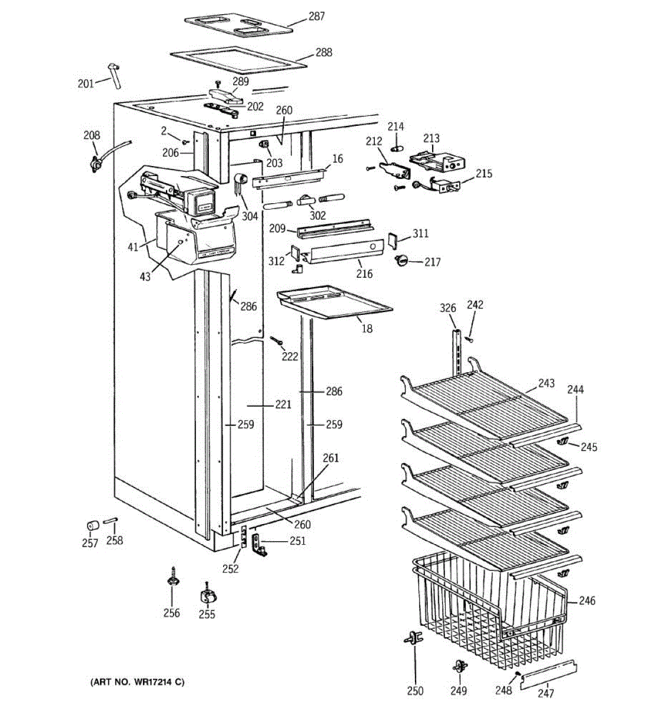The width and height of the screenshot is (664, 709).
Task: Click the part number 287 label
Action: coord(316,17)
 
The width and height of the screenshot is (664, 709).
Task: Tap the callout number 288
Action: coord(323,52)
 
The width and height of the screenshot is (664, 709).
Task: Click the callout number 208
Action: coord(91,135)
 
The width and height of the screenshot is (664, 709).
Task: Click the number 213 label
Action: coord(431,138)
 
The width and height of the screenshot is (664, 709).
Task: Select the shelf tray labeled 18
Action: coord(333,302)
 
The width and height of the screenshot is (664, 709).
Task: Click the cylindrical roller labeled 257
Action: coord(92,526)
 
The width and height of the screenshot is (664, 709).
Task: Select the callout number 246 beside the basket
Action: coord(587,601)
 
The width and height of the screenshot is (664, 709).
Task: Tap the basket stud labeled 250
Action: coord(413,639)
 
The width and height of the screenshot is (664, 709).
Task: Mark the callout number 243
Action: coord(546,383)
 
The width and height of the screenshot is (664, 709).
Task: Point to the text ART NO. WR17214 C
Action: coord(137,682)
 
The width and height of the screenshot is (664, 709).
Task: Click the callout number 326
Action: coord(448,308)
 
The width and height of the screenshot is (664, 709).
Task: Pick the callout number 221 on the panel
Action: coord(283,405)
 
